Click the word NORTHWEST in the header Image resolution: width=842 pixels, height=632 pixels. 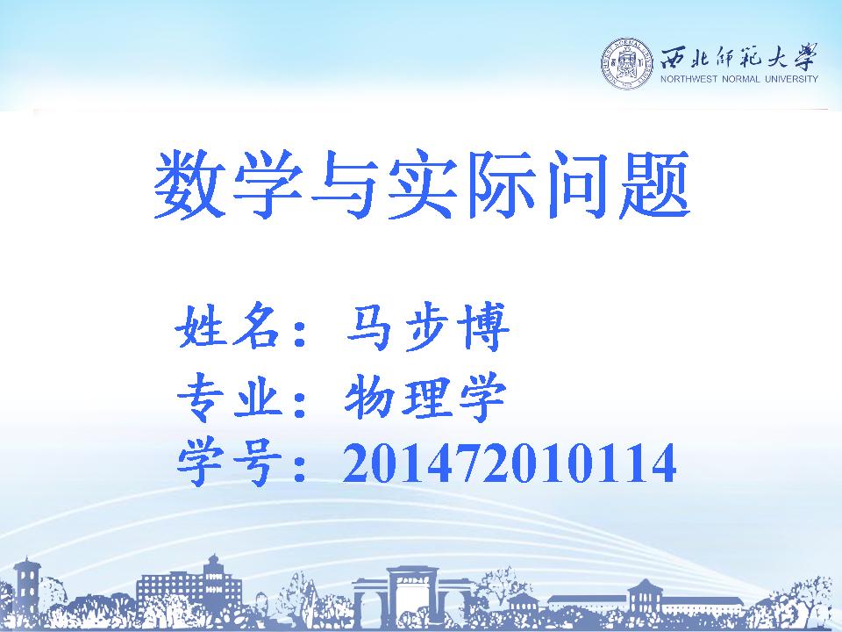tap(689, 79)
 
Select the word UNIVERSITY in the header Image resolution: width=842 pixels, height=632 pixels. tap(791, 79)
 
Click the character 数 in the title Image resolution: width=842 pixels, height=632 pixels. tap(189, 183)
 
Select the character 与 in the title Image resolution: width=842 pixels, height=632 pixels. tap(344, 183)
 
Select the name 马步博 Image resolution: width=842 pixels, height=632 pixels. tap(427, 327)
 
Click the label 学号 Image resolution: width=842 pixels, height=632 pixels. tap(229, 463)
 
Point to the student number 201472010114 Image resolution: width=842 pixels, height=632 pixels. tap(509, 463)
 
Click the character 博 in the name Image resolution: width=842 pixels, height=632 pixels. tap(483, 327)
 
